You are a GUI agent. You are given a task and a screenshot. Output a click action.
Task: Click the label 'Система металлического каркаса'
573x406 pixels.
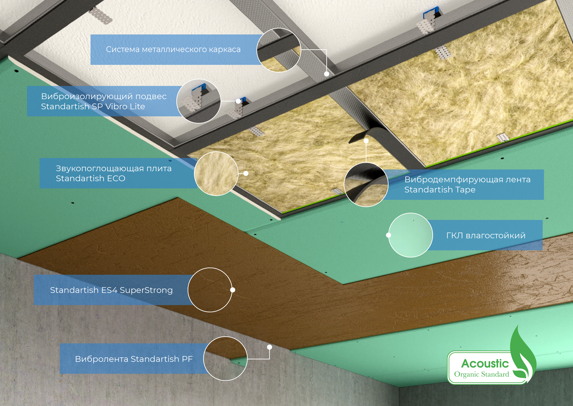pos(173,49)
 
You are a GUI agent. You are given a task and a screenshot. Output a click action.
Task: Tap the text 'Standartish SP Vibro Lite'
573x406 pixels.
pos(93,107)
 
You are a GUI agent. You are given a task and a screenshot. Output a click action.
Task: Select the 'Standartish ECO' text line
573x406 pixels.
pos(90,178)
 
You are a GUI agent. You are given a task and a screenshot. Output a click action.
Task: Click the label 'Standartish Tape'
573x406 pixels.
pos(440,190)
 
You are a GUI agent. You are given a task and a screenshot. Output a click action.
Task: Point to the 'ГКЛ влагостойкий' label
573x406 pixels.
pos(486,236)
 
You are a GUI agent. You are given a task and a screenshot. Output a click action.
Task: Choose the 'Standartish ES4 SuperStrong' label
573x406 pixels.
pos(111,290)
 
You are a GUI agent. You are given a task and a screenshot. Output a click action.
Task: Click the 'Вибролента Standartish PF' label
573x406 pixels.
pos(134,359)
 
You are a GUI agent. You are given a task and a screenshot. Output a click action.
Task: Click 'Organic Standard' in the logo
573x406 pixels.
pos(481,374)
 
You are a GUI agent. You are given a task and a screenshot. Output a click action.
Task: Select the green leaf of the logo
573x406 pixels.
pos(522,355)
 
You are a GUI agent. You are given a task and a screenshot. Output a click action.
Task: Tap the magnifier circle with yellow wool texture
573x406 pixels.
pos(216,173)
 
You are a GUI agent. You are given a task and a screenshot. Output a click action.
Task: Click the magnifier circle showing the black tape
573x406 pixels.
pos(366,185)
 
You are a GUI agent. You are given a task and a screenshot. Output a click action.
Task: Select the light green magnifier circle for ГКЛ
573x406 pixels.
pos(410,235)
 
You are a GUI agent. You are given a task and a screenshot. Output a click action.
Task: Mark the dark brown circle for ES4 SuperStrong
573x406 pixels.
pos(210,290)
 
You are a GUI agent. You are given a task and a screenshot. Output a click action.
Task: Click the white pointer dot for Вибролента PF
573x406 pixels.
pos(269,347)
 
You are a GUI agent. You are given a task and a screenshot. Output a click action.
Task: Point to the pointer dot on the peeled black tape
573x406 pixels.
pos(366,141)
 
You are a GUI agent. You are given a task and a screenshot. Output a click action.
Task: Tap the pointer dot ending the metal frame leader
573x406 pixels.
pos(326,74)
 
